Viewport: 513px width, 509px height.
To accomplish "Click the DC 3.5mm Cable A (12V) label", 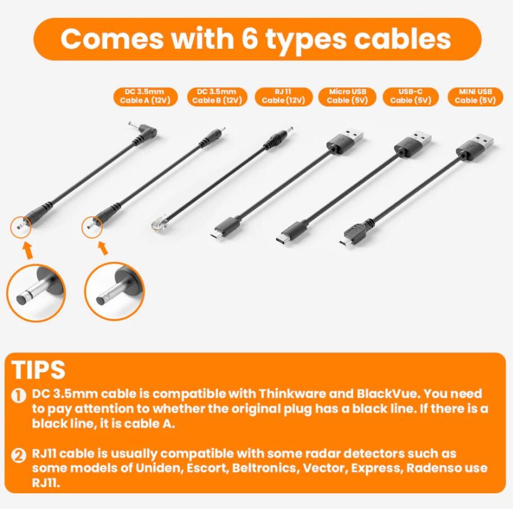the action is (146, 96).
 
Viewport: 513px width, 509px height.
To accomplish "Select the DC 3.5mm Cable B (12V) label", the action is (217, 96).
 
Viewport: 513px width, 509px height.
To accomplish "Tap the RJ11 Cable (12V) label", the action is (283, 96).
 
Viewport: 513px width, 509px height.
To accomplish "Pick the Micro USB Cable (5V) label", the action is (348, 96).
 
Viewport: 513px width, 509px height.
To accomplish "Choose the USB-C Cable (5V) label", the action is (410, 96).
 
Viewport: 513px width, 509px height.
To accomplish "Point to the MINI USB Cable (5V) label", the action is (475, 96).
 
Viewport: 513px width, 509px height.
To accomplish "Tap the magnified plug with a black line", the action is (36, 293).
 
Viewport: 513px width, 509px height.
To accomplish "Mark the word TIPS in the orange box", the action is (38, 369).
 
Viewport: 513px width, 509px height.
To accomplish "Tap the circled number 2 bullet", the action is (19, 455).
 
